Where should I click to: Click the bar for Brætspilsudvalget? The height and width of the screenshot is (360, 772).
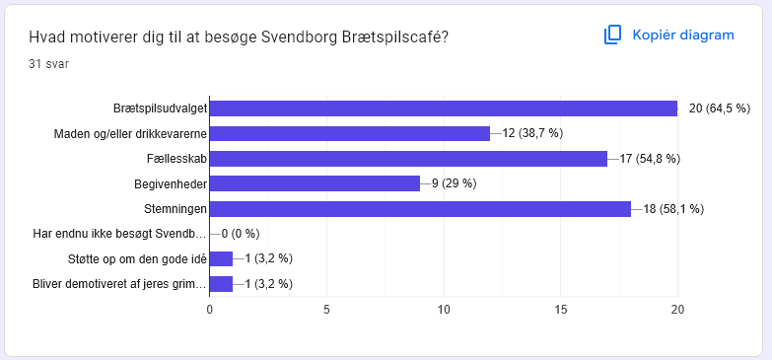(444, 108)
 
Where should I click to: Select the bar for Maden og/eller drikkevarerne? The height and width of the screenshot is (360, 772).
(350, 133)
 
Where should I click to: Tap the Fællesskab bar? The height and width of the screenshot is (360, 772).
(408, 159)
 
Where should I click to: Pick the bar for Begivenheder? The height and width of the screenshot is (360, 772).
(316, 183)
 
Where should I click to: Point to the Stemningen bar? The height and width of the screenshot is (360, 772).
(420, 209)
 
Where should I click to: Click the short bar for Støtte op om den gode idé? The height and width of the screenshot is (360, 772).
(221, 258)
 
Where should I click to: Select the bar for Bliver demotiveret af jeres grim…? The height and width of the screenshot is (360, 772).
(221, 284)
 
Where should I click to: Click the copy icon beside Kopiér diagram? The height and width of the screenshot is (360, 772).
(613, 36)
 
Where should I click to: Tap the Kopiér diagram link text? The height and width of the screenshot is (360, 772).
(683, 36)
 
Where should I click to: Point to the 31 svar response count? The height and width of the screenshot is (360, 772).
(48, 64)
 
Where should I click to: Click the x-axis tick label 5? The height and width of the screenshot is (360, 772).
(327, 310)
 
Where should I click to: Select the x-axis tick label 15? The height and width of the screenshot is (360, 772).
(561, 310)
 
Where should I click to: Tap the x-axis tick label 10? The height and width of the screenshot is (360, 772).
(444, 310)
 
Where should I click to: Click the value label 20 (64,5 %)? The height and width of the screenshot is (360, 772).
(720, 108)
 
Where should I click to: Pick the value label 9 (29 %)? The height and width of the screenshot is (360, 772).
(454, 183)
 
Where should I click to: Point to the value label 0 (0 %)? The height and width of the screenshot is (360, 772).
(241, 234)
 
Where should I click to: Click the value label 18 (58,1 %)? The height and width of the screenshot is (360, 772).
(673, 209)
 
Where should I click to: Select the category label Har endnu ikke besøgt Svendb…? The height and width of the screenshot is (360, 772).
(119, 234)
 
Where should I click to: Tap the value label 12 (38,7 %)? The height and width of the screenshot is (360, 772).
(532, 133)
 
